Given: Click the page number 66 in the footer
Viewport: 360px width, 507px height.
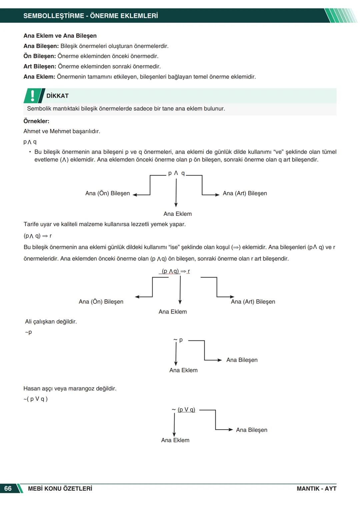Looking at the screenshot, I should pyautogui.click(x=8, y=488).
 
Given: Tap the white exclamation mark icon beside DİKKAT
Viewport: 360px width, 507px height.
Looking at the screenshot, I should pyautogui.click(x=32, y=96).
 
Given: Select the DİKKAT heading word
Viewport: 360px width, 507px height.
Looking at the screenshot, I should pyautogui.click(x=57, y=96).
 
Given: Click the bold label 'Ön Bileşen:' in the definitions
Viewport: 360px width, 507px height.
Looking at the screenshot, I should pyautogui.click(x=40, y=56).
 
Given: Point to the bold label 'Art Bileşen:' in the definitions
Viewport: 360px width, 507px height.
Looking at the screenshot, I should pyautogui.click(x=40, y=66).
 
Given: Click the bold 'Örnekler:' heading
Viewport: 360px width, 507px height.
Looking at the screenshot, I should pyautogui.click(x=36, y=121).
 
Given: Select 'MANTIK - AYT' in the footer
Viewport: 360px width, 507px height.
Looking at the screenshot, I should pyautogui.click(x=316, y=488).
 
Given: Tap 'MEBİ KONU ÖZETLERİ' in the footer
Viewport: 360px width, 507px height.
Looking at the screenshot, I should pyautogui.click(x=60, y=488).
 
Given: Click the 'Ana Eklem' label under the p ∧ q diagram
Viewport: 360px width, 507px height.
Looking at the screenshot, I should pyautogui.click(x=177, y=214).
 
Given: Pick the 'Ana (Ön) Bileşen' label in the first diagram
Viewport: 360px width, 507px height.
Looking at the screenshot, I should pyautogui.click(x=107, y=193).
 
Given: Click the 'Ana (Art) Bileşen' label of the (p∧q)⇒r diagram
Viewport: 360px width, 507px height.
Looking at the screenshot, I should pyautogui.click(x=253, y=301).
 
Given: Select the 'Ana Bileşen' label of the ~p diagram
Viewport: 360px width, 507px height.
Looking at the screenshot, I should pyautogui.click(x=242, y=360).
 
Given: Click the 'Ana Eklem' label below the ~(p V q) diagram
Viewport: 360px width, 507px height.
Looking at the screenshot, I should pyautogui.click(x=175, y=440).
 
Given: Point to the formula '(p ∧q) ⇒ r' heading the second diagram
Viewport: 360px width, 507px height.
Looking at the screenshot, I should pyautogui.click(x=176, y=271).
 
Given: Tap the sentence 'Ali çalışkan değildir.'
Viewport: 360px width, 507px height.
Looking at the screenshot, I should pyautogui.click(x=51, y=321).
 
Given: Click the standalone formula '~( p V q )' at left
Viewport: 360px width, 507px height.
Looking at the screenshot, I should pyautogui.click(x=35, y=399).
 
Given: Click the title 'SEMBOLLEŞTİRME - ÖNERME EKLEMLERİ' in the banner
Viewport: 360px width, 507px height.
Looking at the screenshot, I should pyautogui.click(x=91, y=16).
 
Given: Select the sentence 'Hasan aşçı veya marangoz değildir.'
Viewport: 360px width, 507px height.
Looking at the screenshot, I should pyautogui.click(x=70, y=388).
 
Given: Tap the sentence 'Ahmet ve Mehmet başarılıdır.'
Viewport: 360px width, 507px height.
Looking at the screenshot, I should pyautogui.click(x=62, y=131).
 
